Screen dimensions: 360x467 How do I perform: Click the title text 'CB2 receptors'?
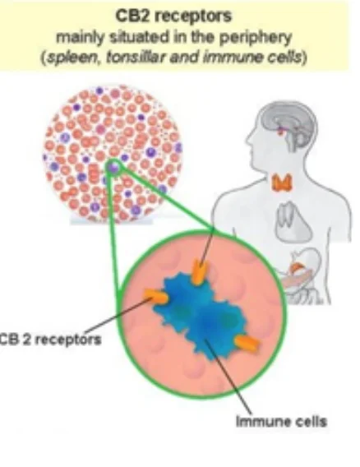[173, 16]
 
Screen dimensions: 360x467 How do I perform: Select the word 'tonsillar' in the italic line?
[136, 57]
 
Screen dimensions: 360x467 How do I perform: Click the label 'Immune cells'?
[281, 422]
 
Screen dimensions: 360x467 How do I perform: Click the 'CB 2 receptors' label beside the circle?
[50, 340]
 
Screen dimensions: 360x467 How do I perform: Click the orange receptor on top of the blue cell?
[200, 271]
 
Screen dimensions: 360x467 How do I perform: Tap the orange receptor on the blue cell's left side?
[156, 296]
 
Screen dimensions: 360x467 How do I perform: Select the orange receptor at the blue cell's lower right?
[247, 343]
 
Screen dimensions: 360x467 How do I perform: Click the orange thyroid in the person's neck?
[281, 182]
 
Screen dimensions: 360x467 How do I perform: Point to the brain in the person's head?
[287, 123]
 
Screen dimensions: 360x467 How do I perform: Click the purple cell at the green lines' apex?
[113, 167]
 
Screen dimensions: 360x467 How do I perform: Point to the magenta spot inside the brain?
[280, 130]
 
